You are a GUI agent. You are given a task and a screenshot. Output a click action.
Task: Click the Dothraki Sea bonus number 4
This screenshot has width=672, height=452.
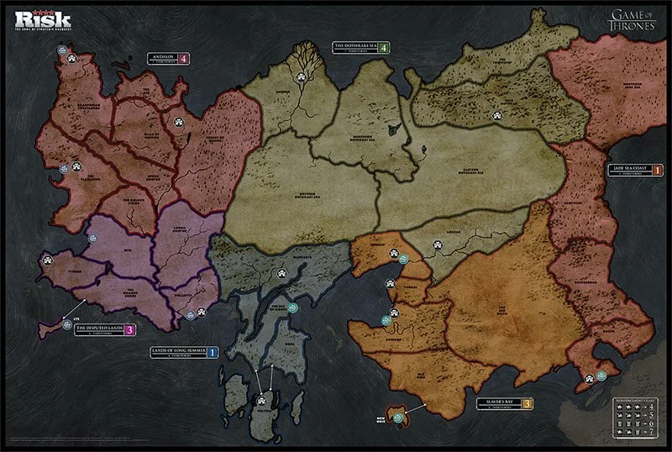tap(383, 48)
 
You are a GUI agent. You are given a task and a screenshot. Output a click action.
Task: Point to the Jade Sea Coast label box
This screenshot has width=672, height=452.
tap(629, 171)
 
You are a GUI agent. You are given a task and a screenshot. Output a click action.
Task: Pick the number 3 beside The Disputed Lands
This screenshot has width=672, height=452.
tap(129, 329)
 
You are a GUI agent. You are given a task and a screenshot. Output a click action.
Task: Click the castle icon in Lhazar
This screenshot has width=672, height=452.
tap(436, 247)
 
